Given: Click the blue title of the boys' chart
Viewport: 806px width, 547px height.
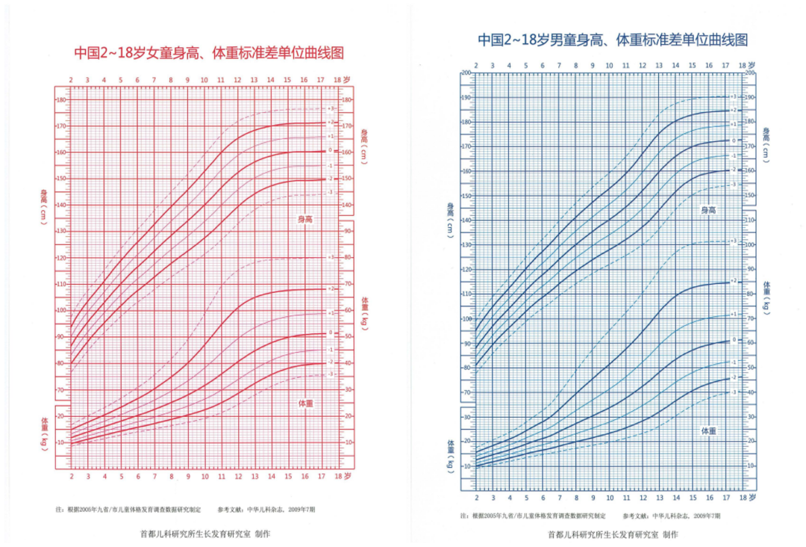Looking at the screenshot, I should coord(612,40).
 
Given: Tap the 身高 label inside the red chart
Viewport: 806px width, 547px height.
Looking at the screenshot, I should coord(304,219).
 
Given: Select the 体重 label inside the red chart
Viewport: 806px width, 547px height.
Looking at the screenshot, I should coord(305,403).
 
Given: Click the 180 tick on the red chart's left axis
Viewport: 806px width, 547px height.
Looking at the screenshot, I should coord(62,100).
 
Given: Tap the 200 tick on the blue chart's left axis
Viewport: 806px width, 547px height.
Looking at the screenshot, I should coord(466,73).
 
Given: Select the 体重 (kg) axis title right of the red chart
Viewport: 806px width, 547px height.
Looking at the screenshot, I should coord(365,313).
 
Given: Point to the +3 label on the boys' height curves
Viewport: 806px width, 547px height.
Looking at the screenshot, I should coord(733,97).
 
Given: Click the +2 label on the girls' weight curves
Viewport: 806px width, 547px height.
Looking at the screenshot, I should coord(331,288).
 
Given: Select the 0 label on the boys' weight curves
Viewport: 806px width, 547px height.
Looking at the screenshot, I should coord(733,340).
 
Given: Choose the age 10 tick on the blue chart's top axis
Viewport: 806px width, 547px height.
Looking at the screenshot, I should coord(609,66).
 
